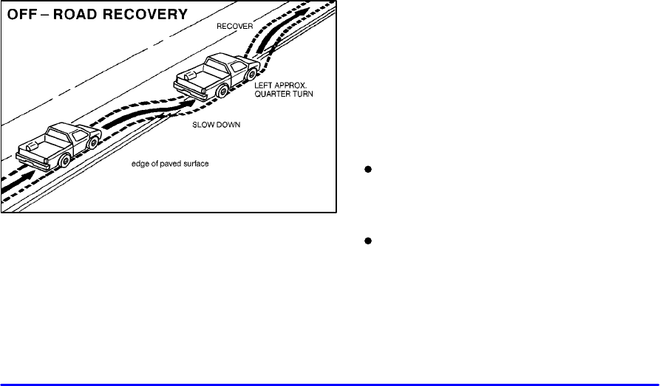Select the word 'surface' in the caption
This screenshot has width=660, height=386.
coord(197,164)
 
